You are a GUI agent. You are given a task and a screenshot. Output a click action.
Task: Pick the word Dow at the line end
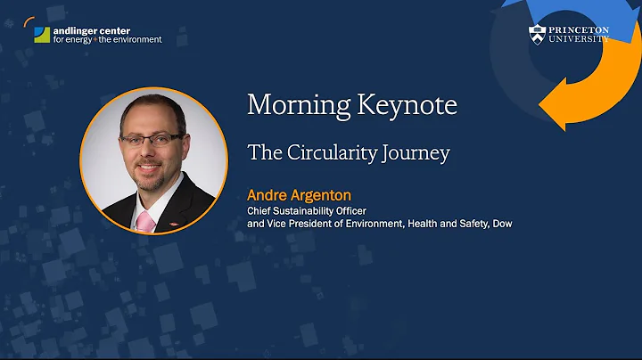[x=500, y=224]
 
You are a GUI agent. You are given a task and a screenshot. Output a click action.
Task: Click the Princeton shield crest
[x=536, y=35]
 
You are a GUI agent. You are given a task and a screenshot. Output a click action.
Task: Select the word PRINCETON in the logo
[x=579, y=29]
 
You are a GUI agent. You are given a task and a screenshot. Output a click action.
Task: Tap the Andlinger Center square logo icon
[x=41, y=35]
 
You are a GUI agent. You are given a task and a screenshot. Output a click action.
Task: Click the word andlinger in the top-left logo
[x=74, y=30]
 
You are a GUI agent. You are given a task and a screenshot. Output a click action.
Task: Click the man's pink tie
[x=142, y=219]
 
